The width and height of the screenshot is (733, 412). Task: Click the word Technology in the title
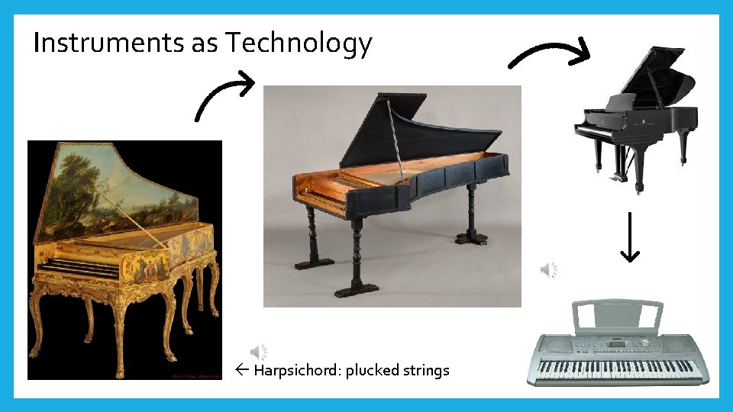(298, 43)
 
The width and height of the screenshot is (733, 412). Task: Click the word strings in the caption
(427, 371)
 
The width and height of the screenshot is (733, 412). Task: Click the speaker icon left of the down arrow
(549, 269)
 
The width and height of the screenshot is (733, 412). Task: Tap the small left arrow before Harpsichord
(242, 371)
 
